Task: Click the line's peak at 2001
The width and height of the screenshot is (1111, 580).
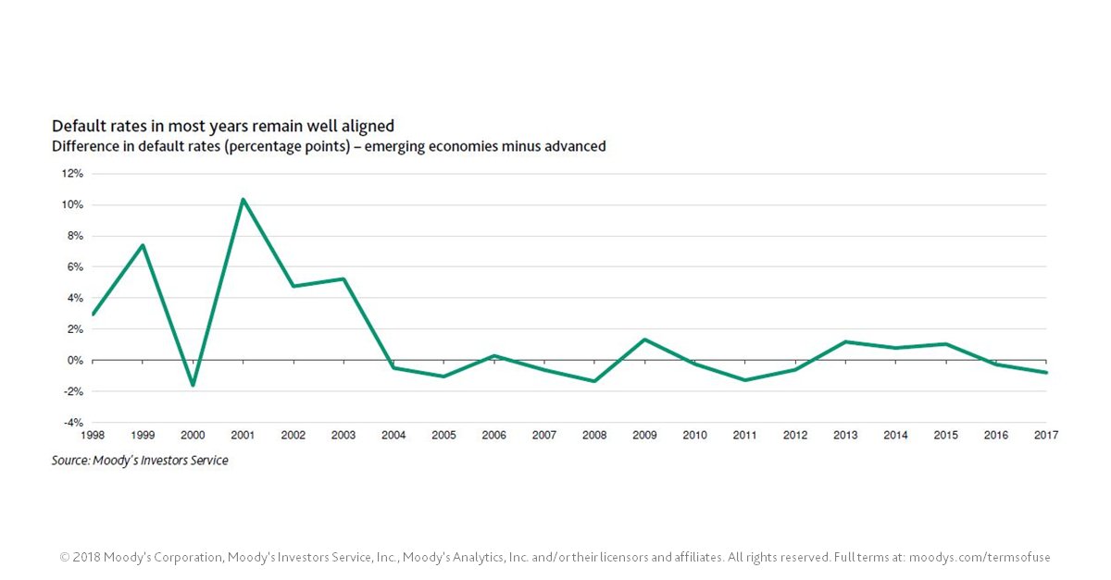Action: click(x=243, y=199)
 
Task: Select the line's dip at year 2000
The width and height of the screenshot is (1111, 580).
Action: click(x=193, y=385)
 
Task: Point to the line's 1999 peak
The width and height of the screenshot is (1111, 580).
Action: click(x=143, y=245)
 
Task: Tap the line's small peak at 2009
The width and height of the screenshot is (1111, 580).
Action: click(x=644, y=339)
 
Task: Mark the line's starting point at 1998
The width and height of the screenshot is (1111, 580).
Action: click(x=93, y=315)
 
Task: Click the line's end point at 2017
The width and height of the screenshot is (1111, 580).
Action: click(x=1046, y=373)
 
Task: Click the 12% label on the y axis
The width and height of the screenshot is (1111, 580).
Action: click(x=72, y=174)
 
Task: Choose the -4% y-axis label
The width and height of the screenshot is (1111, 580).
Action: click(x=73, y=423)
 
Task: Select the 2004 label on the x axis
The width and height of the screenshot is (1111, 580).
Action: click(x=393, y=435)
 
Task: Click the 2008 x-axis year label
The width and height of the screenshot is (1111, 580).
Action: click(x=594, y=435)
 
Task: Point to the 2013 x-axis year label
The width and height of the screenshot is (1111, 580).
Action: click(x=845, y=435)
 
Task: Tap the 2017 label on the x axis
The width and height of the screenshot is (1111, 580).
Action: click(x=1045, y=435)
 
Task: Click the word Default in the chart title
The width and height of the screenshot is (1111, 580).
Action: click(x=76, y=126)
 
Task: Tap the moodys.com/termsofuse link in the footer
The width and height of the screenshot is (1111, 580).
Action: click(x=980, y=557)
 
